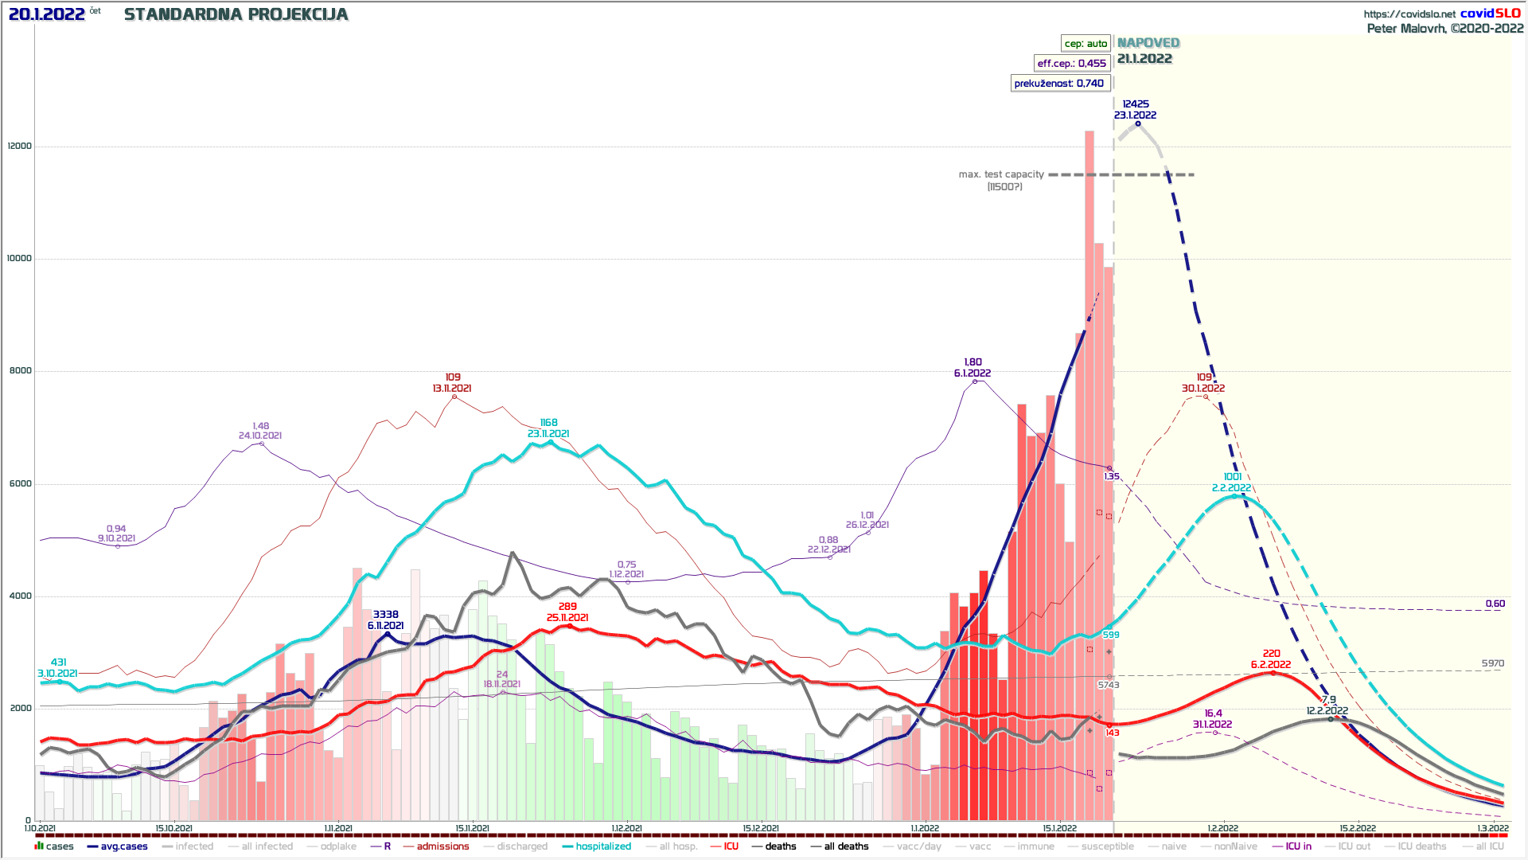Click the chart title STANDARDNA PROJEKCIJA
236,14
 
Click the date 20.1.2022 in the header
46,14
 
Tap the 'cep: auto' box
1086,44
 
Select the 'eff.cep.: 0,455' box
1071,64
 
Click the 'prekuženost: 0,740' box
1058,84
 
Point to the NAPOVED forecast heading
1148,43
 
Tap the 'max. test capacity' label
1001,174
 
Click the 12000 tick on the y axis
20,147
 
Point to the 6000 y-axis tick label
20,484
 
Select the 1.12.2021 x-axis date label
627,828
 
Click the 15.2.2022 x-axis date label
1357,828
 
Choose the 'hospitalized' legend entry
603,846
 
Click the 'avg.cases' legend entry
123,846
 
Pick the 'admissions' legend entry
442,846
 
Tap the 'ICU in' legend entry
1298,846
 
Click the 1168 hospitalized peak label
548,423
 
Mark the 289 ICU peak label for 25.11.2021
567,607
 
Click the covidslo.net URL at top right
1409,14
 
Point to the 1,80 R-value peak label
973,362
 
